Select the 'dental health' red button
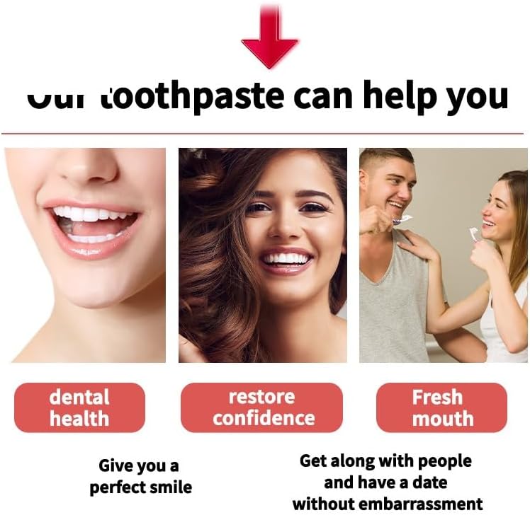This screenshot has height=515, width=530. coord(79,407)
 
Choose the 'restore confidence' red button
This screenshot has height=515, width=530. coord(262,407)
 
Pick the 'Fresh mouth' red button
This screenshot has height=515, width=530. coord(441,407)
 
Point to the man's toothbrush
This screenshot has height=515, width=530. coord(402,219)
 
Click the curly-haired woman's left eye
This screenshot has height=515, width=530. coord(312,207)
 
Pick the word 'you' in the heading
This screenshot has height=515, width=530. coord(477,97)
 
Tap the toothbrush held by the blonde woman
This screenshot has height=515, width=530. coord(474,233)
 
